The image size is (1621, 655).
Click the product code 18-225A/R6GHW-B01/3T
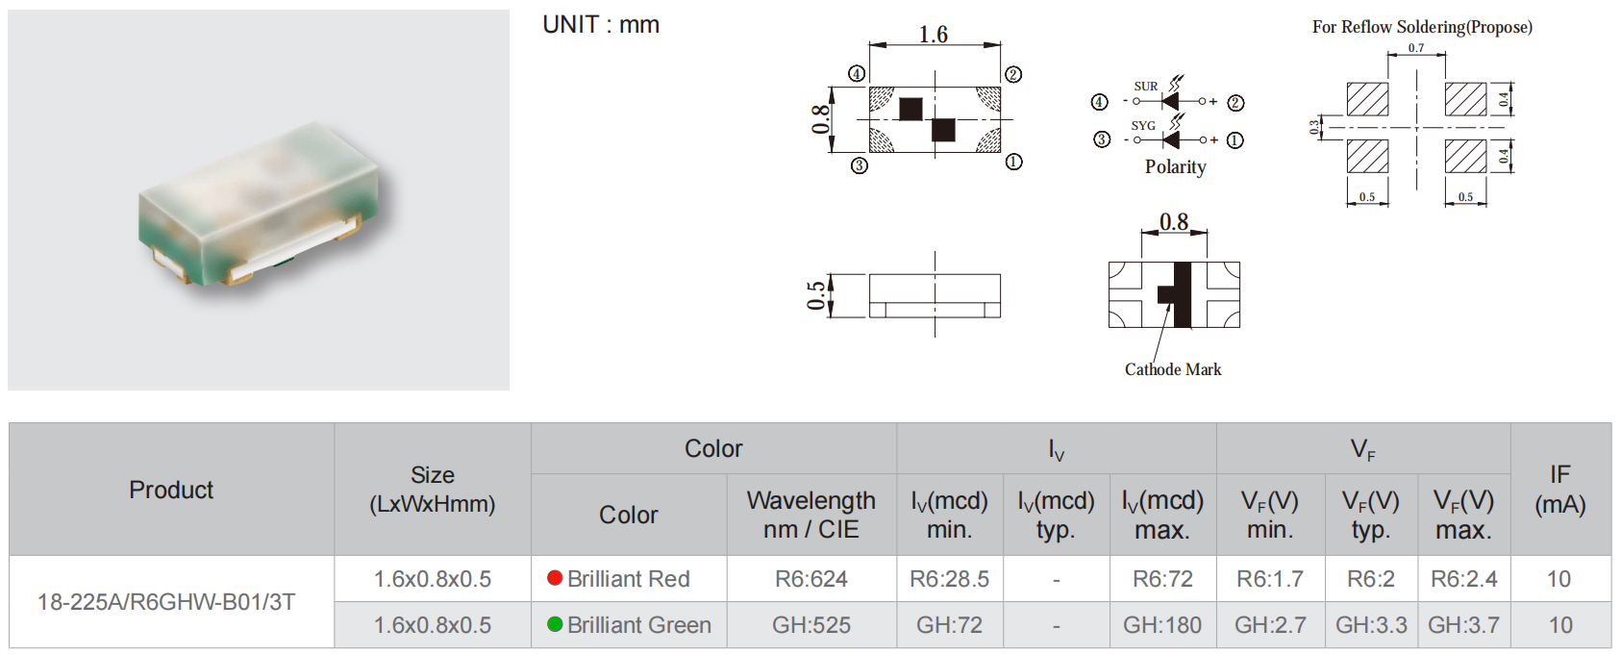pyautogui.click(x=166, y=601)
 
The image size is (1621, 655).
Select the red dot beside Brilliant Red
pyautogui.click(x=555, y=577)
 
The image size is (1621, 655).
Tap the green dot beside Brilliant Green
pyautogui.click(x=555, y=624)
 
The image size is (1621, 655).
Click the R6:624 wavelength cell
pyautogui.click(x=810, y=578)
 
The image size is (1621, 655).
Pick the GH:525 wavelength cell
pyautogui.click(x=810, y=624)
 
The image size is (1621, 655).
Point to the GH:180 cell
pyautogui.click(x=1162, y=624)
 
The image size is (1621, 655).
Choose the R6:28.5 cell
pyautogui.click(x=949, y=578)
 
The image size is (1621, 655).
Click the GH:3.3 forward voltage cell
pyautogui.click(x=1371, y=624)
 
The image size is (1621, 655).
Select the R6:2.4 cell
pyautogui.click(x=1463, y=578)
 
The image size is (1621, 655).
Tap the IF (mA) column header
pyautogui.click(x=1559, y=490)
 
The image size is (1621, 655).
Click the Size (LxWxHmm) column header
pyautogui.click(x=432, y=490)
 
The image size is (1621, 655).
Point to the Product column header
pyautogui.click(x=171, y=490)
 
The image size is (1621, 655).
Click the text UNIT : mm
pyautogui.click(x=601, y=25)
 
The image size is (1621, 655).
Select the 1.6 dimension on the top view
pyautogui.click(x=933, y=34)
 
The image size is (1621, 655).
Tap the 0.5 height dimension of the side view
pyautogui.click(x=816, y=295)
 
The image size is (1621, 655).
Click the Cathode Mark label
pyautogui.click(x=1172, y=369)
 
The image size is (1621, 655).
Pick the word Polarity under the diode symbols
pyautogui.click(x=1175, y=167)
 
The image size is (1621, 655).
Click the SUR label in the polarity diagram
pyautogui.click(x=1145, y=87)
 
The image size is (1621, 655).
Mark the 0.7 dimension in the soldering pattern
pyautogui.click(x=1415, y=48)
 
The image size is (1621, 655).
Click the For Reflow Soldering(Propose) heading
pyautogui.click(x=1422, y=27)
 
